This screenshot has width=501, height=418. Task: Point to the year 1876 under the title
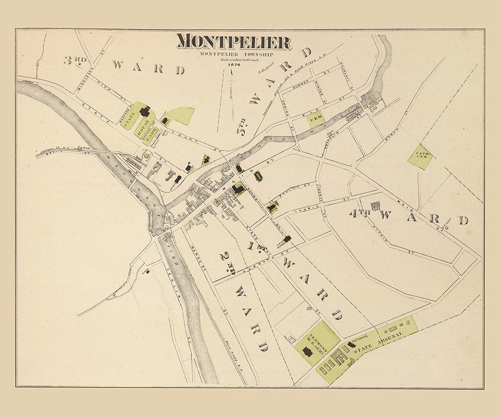tap(233, 66)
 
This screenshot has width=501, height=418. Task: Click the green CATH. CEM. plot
tap(420, 156)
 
